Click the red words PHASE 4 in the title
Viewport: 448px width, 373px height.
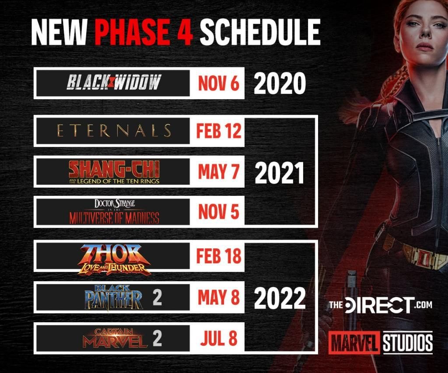pos(143,31)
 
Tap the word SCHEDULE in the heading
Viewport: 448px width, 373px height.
pos(260,31)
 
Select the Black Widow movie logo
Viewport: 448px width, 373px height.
pos(114,82)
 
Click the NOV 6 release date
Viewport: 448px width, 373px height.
pos(219,83)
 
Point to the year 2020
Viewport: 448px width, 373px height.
pos(280,83)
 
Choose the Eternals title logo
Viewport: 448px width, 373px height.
pos(114,131)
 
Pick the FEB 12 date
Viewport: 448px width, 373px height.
pos(219,131)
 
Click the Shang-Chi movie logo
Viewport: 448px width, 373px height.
pos(114,172)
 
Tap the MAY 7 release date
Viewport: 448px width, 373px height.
pos(219,172)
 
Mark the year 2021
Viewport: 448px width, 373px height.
pos(279,173)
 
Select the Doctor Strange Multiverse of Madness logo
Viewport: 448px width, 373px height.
pos(114,212)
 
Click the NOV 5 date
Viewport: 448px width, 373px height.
pos(219,212)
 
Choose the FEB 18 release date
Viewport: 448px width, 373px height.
pos(219,256)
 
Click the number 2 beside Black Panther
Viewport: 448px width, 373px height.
pos(157,297)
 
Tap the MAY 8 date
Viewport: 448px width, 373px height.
pos(219,297)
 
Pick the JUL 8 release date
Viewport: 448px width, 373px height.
pos(219,338)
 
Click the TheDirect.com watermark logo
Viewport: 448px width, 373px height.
pos(381,305)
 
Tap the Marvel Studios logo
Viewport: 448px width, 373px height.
pos(380,342)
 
